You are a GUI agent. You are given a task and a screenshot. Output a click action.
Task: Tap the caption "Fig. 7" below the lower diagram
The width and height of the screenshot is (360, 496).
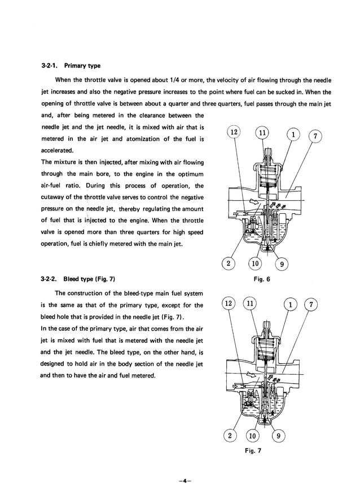click(x=252, y=450)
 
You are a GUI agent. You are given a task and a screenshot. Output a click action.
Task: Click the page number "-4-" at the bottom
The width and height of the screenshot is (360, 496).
click(x=180, y=480)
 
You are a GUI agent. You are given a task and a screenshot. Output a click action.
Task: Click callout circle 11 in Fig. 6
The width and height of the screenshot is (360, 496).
click(x=261, y=133)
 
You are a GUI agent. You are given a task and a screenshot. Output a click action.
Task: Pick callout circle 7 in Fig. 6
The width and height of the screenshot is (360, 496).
click(x=317, y=136)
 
